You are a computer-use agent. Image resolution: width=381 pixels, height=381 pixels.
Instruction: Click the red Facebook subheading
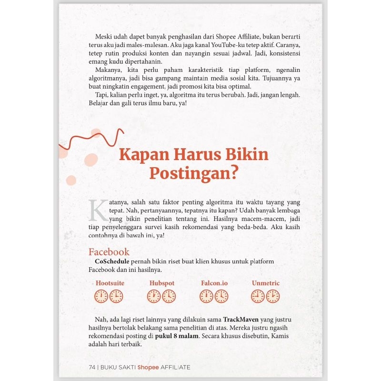(x=109, y=252)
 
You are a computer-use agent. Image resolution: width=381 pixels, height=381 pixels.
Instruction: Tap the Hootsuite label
(x=110, y=283)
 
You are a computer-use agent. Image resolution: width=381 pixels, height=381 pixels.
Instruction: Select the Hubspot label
(x=162, y=283)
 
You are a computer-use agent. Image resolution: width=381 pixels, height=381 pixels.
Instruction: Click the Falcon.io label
(x=214, y=283)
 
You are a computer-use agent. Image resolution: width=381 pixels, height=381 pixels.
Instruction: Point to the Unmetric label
(x=266, y=283)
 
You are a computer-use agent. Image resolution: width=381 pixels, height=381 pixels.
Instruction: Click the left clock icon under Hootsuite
(x=101, y=297)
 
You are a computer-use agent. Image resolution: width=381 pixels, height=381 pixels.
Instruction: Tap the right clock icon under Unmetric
(x=273, y=297)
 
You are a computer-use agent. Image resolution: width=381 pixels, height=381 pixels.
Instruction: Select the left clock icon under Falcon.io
(x=206, y=297)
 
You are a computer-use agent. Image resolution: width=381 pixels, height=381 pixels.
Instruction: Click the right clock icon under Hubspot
(x=169, y=297)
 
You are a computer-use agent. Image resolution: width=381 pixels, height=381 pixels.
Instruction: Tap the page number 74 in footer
(x=92, y=367)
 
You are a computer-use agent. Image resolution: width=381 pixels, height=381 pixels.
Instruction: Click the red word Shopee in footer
(x=148, y=367)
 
